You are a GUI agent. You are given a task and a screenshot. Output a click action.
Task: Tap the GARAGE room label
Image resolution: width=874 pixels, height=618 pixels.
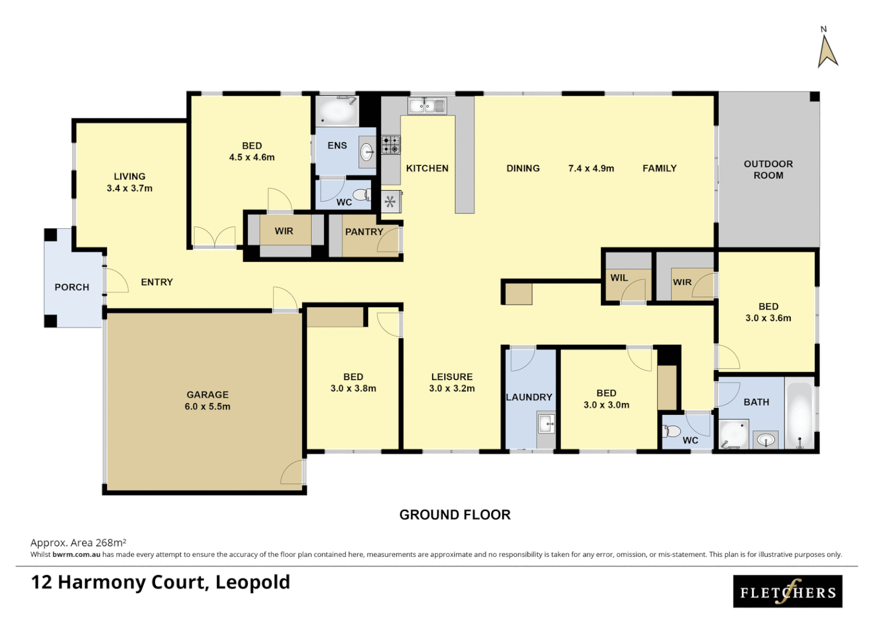pyautogui.click(x=207, y=395)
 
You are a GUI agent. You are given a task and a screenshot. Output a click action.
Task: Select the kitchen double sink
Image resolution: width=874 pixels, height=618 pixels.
pyautogui.click(x=427, y=106)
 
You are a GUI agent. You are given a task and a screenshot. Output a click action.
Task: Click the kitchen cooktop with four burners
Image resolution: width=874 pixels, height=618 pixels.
pyautogui.click(x=391, y=145)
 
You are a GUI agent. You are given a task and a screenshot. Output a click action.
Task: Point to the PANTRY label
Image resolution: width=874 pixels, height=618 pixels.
pyautogui.click(x=364, y=232)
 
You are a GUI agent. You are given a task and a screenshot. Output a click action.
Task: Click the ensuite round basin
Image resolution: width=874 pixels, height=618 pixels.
pyautogui.click(x=367, y=152)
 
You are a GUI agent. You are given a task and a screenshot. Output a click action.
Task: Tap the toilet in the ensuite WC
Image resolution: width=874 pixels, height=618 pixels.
pyautogui.click(x=362, y=196)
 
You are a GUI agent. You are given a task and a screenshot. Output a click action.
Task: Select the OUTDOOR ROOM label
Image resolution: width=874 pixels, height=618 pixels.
pyautogui.click(x=768, y=169)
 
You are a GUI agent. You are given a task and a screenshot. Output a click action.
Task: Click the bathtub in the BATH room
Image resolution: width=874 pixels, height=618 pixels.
pyautogui.click(x=799, y=415)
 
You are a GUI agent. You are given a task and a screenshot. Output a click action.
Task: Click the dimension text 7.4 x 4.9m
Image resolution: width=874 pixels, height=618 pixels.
pyautogui.click(x=591, y=168)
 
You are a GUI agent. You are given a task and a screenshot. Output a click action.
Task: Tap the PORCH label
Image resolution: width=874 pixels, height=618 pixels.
pyautogui.click(x=72, y=287)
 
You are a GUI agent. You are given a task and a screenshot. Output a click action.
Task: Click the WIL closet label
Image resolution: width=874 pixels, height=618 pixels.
pyautogui.click(x=619, y=278)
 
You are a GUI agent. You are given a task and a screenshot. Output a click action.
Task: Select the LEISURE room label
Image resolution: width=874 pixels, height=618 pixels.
pyautogui.click(x=452, y=377)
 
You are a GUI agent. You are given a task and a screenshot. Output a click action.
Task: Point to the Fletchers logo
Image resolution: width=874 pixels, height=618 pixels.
pyautogui.click(x=788, y=591)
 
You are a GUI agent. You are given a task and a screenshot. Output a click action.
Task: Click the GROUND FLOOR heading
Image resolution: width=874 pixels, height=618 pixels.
pyautogui.click(x=454, y=514)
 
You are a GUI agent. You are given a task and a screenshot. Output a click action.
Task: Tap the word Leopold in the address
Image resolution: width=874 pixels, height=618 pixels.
pyautogui.click(x=252, y=582)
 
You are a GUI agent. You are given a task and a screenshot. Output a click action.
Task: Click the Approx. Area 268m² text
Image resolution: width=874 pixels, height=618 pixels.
pyautogui.click(x=78, y=542)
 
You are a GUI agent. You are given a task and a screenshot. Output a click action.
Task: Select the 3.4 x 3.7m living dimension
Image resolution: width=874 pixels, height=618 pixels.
pyautogui.click(x=129, y=188)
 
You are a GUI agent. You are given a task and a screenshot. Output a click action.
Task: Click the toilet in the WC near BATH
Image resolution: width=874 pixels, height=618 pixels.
pyautogui.click(x=671, y=431)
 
